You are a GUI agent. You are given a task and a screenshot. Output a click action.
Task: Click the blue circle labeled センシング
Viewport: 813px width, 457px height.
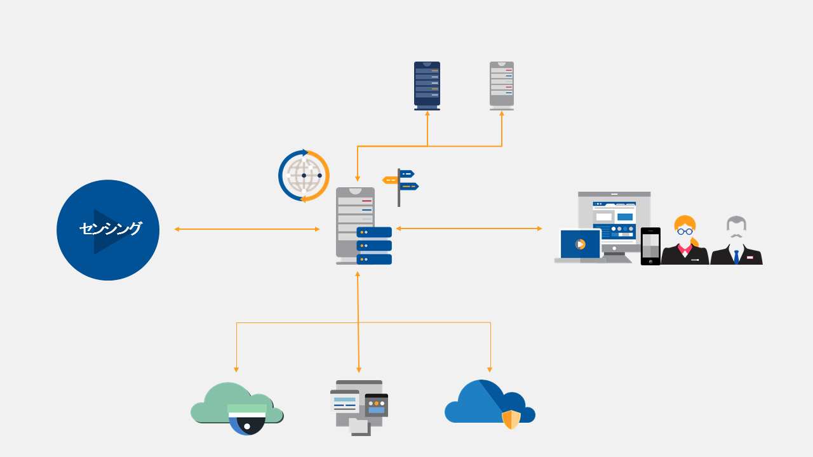(x=108, y=230)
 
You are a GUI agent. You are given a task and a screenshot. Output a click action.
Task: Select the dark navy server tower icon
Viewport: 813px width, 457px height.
(x=427, y=85)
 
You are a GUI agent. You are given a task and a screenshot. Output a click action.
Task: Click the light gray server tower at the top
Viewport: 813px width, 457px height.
(x=501, y=85)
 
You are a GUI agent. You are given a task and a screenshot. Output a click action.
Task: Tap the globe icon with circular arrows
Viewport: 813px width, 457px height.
(x=304, y=176)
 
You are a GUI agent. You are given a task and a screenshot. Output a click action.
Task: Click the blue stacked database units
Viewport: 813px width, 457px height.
(x=373, y=246)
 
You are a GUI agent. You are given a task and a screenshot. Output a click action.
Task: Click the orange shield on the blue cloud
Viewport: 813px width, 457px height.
(x=511, y=420)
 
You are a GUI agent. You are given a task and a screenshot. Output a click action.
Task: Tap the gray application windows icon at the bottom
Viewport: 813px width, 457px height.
(x=359, y=406)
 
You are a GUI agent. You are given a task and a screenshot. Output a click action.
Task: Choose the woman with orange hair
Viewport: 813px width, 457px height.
(x=685, y=241)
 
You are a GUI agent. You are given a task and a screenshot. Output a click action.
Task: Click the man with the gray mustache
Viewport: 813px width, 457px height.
(x=736, y=241)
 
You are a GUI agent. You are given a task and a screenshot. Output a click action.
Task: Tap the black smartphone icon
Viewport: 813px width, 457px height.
(x=650, y=246)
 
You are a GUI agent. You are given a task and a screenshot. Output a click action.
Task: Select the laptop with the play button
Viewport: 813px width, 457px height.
(x=579, y=245)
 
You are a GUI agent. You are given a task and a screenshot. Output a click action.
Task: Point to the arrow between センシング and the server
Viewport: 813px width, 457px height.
(x=246, y=229)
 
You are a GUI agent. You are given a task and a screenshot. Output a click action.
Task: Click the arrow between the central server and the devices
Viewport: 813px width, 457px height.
(x=469, y=228)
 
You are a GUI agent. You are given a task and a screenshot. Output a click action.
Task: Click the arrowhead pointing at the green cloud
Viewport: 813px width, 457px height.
(x=236, y=369)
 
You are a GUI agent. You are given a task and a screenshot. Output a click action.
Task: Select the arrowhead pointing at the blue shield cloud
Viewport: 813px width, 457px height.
(x=490, y=369)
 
